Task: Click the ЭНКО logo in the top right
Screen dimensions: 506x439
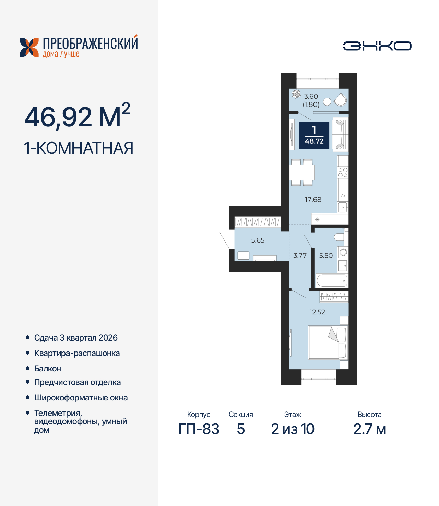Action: (x=377, y=46)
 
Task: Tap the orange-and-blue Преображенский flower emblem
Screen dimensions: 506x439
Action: (x=29, y=47)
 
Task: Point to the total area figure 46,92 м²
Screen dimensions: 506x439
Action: (x=77, y=116)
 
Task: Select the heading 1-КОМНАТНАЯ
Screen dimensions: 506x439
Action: (x=79, y=148)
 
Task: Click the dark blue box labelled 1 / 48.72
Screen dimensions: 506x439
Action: (x=314, y=136)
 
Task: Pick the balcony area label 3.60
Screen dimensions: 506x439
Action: (x=311, y=97)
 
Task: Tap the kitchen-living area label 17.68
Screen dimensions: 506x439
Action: (x=313, y=200)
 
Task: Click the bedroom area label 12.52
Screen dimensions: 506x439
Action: (x=317, y=312)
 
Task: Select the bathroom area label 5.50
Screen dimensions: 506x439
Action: (x=326, y=256)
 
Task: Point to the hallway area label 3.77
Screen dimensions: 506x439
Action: (x=300, y=256)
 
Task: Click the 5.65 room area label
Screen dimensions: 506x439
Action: (x=258, y=240)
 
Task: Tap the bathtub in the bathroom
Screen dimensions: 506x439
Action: (x=332, y=281)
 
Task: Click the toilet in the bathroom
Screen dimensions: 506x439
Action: (x=339, y=237)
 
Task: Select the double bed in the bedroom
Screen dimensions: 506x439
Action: (x=328, y=343)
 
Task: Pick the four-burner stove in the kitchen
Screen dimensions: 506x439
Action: (x=343, y=173)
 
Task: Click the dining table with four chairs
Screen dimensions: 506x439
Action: (x=302, y=172)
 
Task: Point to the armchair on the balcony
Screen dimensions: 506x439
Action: (x=341, y=100)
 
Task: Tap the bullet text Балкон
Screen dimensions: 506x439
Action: (x=48, y=369)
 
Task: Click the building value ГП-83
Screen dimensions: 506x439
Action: (x=199, y=429)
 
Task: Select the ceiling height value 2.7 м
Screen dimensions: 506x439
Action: (x=370, y=429)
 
